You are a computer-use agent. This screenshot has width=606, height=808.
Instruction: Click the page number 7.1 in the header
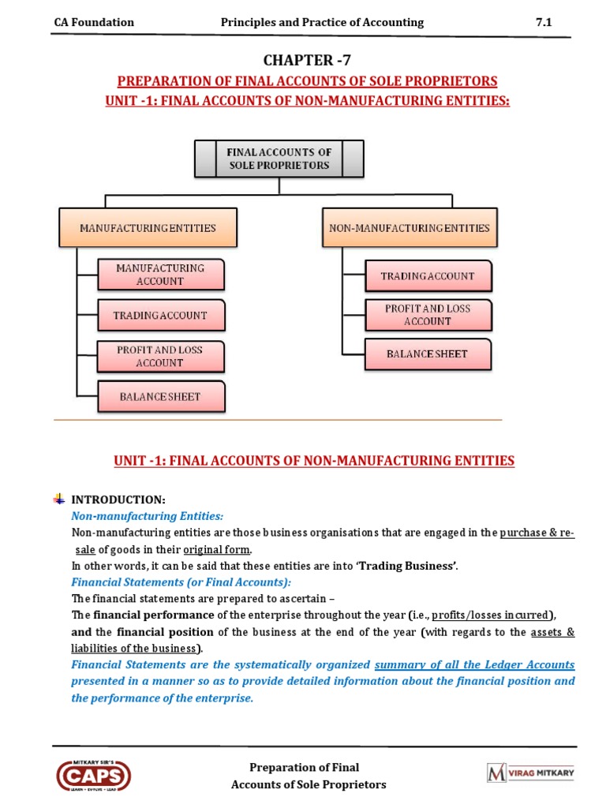pos(544,22)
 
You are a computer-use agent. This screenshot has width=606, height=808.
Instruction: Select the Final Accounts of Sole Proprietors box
pos(279,159)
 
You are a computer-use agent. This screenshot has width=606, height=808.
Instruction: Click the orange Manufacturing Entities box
pos(148,227)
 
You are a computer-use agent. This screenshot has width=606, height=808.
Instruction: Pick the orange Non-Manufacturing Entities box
pos(409,227)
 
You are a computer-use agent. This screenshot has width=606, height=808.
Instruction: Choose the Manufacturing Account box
pos(160,275)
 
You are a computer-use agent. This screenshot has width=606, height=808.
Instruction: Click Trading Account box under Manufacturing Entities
pos(160,315)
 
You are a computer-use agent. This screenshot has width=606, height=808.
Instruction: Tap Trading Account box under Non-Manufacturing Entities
pos(428,276)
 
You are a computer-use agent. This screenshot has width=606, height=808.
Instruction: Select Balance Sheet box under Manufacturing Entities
pos(160,396)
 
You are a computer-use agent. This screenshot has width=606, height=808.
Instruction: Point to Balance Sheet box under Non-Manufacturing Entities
pos(428,353)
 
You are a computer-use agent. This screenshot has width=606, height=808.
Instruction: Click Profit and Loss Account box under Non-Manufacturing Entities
pos(428,315)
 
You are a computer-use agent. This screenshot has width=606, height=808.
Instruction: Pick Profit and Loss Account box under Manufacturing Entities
pos(160,356)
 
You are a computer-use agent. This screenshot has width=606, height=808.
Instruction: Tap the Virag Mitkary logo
pos(531,773)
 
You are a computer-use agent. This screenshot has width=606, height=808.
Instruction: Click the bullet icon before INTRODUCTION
pos(60,499)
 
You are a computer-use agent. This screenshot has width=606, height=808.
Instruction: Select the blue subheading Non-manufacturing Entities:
pos(148,515)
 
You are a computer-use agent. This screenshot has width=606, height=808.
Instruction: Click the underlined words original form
pos(218,549)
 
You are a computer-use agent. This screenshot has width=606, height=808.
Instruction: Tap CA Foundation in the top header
pos(94,22)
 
